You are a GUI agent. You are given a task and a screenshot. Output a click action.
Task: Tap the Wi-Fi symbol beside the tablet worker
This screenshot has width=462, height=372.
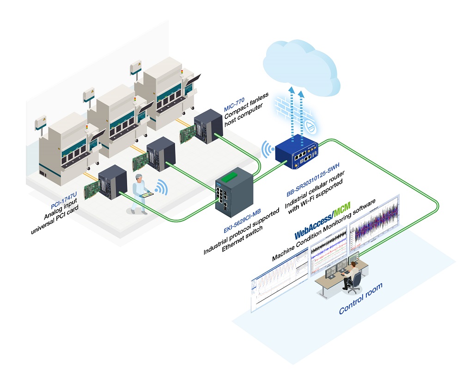coord(160,187)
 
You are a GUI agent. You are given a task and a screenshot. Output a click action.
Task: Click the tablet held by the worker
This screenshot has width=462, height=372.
coord(146,196)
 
